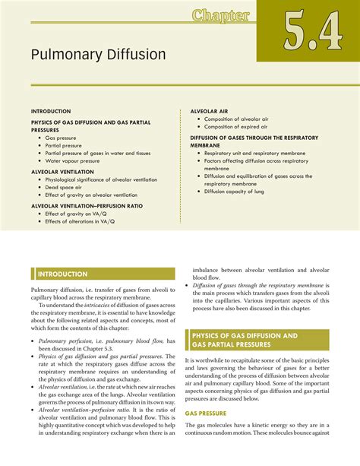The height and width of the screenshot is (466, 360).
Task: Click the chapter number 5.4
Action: pos(308,32)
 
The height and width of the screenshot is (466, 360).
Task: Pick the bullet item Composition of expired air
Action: pos(240,128)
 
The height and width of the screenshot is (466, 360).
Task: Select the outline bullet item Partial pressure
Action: pos(68,145)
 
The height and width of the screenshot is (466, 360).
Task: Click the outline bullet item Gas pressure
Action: pos(65,138)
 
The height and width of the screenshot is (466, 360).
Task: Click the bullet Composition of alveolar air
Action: pos(240,119)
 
